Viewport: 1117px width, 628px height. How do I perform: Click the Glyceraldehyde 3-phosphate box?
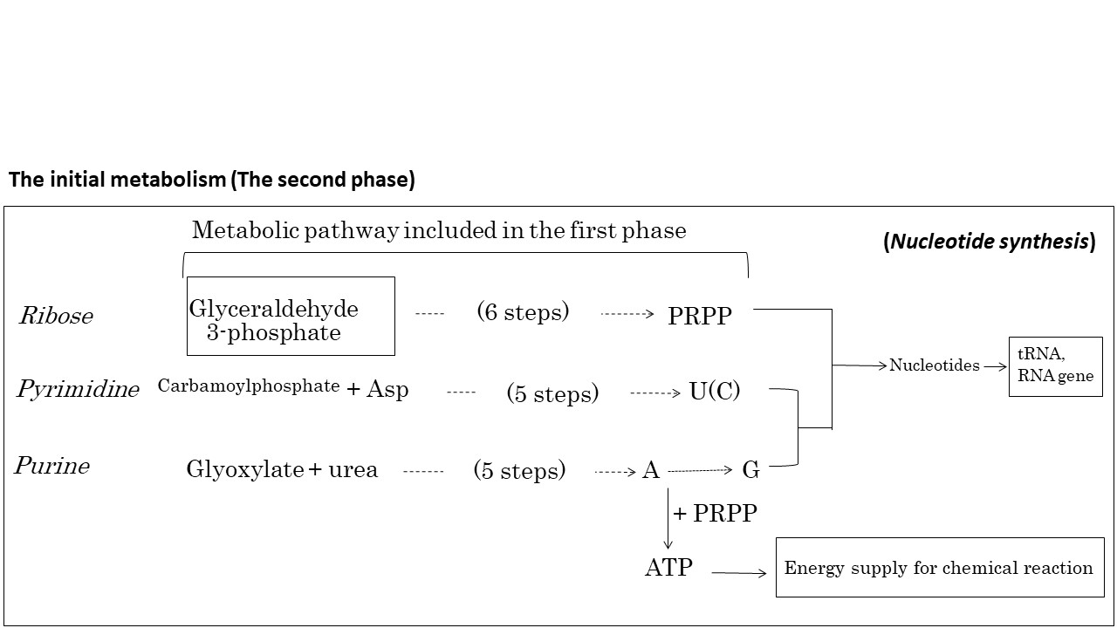point(291,316)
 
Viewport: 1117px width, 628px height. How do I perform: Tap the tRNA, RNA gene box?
point(1055,366)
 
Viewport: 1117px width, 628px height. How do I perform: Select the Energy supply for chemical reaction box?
point(939,568)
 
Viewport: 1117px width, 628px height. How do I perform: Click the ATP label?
point(668,568)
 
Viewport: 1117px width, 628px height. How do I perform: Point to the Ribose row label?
point(56,316)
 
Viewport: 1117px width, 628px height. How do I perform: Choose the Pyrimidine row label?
point(78,389)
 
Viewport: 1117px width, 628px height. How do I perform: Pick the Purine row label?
point(52,466)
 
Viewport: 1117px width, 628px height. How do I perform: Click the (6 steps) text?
point(523,311)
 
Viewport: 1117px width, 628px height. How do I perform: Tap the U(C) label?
point(714,392)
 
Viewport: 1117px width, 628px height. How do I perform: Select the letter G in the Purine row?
point(750,471)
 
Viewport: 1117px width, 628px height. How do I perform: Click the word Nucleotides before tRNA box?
point(934,366)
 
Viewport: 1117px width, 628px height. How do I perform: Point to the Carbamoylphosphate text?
point(249,386)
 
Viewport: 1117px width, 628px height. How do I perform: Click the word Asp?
point(387,389)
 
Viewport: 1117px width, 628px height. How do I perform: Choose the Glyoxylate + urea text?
point(282,470)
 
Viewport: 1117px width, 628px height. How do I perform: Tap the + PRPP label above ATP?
point(715,514)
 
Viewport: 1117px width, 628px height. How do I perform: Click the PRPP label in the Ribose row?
point(699,316)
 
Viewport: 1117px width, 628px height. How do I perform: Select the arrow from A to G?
point(700,471)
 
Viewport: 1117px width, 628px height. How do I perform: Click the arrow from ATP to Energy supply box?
point(739,573)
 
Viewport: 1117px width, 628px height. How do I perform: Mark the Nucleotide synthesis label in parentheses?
point(990,242)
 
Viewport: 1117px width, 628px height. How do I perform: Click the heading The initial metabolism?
point(211,180)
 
